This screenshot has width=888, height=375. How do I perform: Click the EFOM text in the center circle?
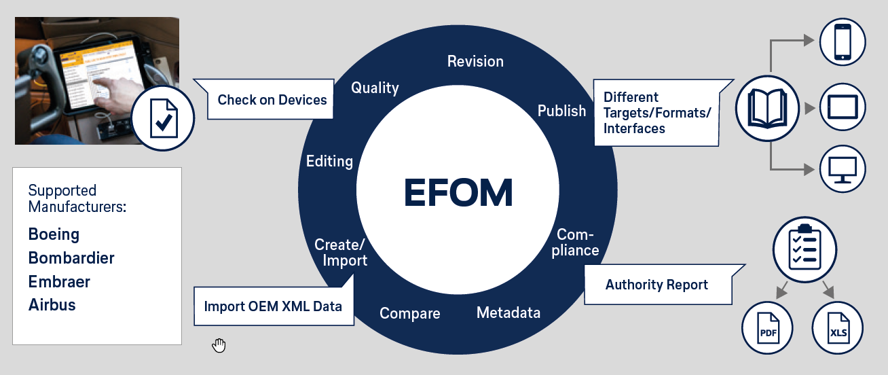pos(458,193)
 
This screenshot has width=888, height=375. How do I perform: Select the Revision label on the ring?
pos(475,61)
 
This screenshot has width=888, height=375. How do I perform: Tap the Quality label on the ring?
pos(375,88)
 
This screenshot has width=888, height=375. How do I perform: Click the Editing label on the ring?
pos(329,162)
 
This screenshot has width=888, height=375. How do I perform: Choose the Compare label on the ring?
pos(409,314)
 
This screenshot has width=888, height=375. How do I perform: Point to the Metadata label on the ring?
pos(508,312)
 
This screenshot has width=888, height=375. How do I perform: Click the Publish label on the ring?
pos(561,111)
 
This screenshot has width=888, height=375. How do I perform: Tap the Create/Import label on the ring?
pos(341,252)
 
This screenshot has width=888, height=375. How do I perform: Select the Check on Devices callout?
pos(272,100)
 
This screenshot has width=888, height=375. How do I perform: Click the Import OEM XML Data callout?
pos(273,306)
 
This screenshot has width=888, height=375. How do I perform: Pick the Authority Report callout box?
pos(656,285)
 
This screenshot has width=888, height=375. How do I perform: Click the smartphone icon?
pos(843,42)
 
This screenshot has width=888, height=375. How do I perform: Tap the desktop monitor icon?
pos(843,169)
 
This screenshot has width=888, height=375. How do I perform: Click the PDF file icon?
pos(768,329)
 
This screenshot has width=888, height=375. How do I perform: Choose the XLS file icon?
pos(837,329)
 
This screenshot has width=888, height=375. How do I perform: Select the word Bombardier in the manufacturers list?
pos(71,258)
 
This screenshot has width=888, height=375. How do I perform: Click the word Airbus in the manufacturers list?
pos(52,304)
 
